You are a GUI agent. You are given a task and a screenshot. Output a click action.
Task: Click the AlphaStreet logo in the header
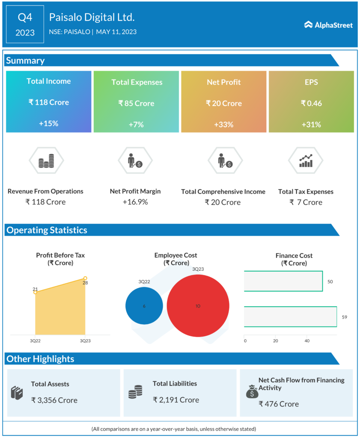point(328,25)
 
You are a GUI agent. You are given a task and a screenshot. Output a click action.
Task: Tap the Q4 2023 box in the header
point(25,24)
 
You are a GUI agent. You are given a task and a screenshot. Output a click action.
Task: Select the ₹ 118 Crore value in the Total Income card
point(49,102)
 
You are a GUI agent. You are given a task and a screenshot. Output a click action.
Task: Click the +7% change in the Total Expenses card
point(136,124)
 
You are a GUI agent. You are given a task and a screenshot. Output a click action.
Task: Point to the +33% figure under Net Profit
point(224,124)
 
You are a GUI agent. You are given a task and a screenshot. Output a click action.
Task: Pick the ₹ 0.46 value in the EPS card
point(311,103)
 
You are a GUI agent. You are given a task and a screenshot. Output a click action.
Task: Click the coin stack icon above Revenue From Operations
point(46,161)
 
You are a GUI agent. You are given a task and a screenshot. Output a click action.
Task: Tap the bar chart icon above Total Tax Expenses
point(306,161)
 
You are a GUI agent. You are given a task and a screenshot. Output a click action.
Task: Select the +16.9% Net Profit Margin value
point(135,202)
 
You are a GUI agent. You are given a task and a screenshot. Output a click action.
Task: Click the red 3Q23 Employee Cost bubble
point(197,306)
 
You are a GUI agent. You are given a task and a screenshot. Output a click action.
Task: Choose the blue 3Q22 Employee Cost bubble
point(144,306)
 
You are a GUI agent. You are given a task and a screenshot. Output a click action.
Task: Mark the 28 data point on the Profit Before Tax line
point(85,278)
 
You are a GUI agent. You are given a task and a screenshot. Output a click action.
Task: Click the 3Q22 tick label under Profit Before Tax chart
point(35,341)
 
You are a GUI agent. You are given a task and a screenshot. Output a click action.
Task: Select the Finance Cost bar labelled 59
point(290,317)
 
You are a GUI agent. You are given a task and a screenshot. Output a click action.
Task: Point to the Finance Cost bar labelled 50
point(283,281)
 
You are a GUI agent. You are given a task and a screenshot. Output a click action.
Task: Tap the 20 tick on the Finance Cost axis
point(276,341)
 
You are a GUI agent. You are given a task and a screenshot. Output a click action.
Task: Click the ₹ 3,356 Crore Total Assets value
point(54,400)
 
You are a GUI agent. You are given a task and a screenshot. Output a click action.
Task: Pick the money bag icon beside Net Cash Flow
point(252,391)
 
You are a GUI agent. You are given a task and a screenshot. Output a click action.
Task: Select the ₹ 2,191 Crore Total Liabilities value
point(176,400)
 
